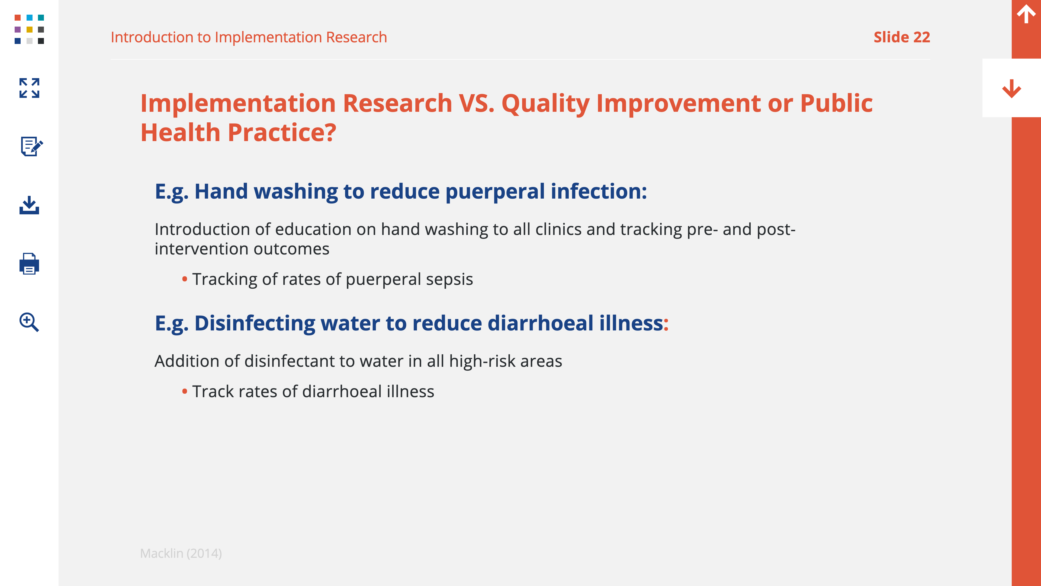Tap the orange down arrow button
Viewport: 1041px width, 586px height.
pyautogui.click(x=1011, y=88)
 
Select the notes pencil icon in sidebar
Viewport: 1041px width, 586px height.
pyautogui.click(x=31, y=146)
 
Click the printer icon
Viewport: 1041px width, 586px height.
pyautogui.click(x=29, y=264)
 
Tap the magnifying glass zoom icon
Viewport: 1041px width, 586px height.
pyautogui.click(x=29, y=322)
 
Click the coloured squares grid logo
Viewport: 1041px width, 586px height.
pyautogui.click(x=29, y=29)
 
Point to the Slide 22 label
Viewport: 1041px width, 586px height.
pyautogui.click(x=902, y=37)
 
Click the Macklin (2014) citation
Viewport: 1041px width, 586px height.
pyautogui.click(x=181, y=553)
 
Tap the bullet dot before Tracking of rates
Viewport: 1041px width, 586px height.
pyautogui.click(x=185, y=279)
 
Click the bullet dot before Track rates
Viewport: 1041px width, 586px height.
pyautogui.click(x=185, y=391)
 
